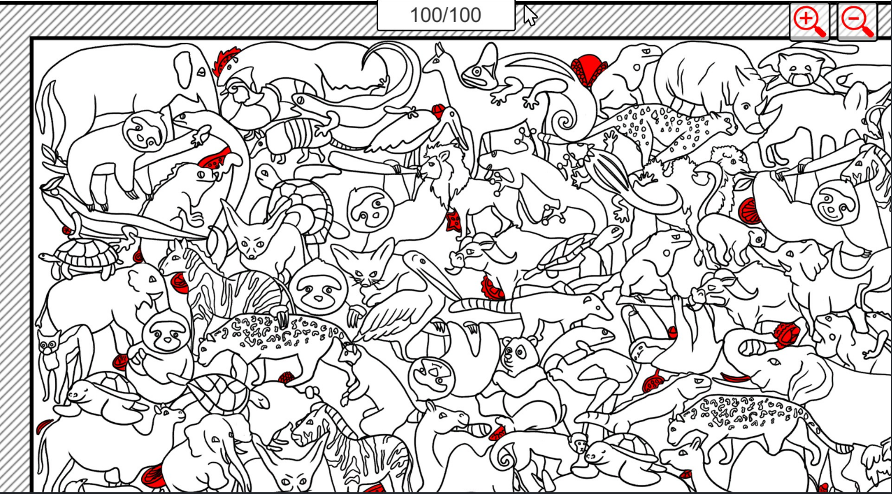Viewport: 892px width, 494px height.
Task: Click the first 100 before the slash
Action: point(425,16)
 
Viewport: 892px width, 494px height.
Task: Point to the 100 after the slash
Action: point(466,16)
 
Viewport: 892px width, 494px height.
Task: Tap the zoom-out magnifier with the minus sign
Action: point(857,22)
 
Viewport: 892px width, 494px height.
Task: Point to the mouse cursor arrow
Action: point(530,15)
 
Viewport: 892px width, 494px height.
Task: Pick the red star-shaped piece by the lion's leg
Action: point(453,221)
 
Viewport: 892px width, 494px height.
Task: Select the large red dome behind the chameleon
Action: point(588,70)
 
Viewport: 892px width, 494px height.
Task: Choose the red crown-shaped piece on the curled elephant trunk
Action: point(786,334)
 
